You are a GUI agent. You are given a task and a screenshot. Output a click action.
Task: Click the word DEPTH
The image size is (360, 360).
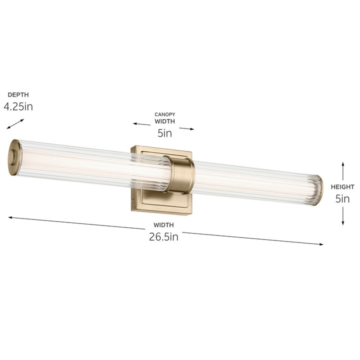tap(17, 94)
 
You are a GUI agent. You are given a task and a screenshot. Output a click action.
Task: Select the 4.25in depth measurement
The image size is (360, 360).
tap(18, 106)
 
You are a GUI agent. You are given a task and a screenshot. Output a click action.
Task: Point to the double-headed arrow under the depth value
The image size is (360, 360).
tap(15, 123)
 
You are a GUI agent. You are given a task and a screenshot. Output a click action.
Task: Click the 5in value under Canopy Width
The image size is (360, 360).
tap(164, 133)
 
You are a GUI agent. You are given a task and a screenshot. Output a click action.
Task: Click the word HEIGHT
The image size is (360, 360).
tap(343, 187)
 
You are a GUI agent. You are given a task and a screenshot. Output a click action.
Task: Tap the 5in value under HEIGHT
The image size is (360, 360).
tap(343, 199)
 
